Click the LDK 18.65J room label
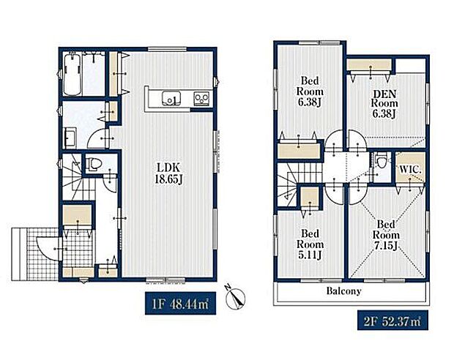click(x=169, y=173)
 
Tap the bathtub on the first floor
click(x=72, y=75)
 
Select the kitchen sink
click(x=171, y=98)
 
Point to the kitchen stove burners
click(x=202, y=98)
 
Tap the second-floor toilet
click(x=380, y=161)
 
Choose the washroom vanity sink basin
click(x=70, y=138)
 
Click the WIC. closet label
click(x=410, y=170)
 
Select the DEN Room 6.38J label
click(x=384, y=104)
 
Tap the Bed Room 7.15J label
click(x=386, y=235)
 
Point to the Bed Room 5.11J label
click(x=310, y=244)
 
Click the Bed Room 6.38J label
click(x=310, y=91)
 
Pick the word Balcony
click(x=344, y=290)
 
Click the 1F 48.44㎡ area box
click(x=180, y=304)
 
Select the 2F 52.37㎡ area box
click(x=393, y=320)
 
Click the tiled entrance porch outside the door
click(x=34, y=254)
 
